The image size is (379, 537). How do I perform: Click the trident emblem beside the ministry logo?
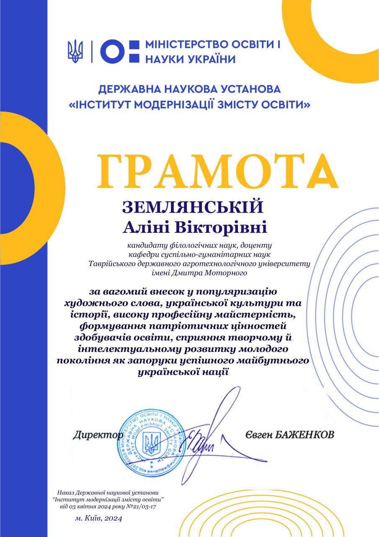coord(75,51)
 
